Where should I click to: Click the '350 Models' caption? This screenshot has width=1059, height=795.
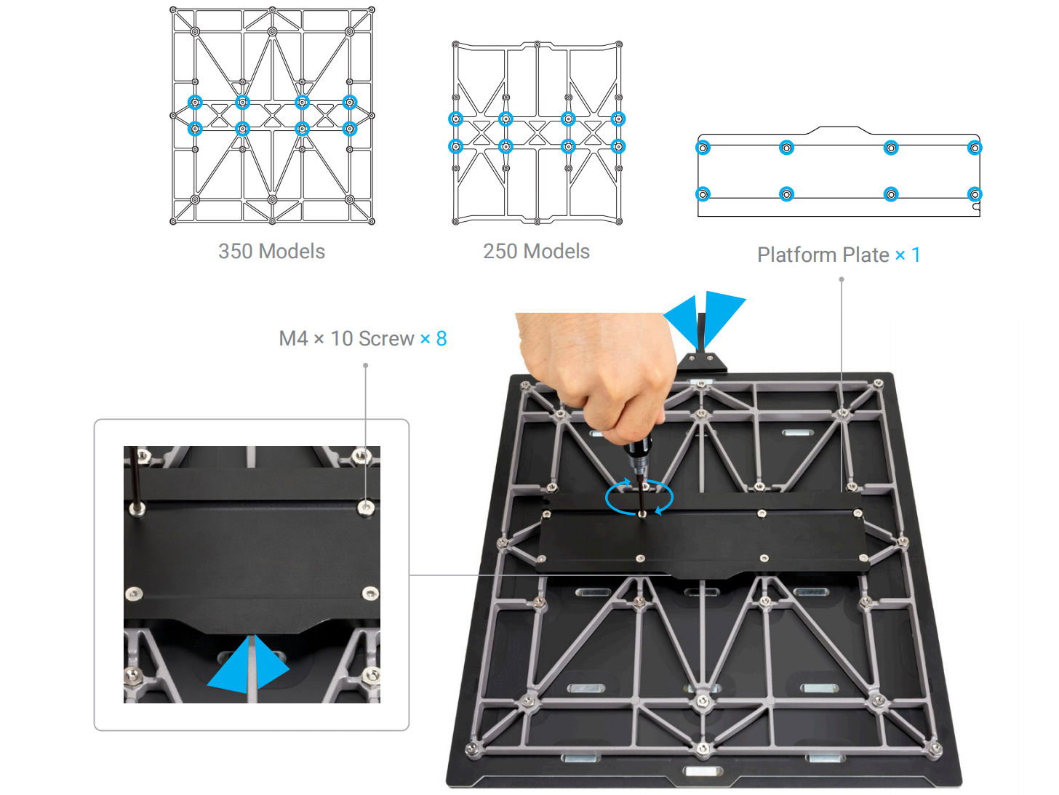coord(271,252)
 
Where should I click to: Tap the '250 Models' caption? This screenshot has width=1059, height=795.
coord(537,252)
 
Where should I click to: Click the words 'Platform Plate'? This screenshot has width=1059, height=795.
coord(823,255)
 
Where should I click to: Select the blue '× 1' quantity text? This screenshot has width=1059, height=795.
coord(908,255)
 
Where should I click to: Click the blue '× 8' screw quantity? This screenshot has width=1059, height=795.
coord(433,339)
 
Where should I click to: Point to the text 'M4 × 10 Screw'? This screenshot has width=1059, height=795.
coord(346,339)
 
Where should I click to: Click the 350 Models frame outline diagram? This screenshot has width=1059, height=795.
coord(272,116)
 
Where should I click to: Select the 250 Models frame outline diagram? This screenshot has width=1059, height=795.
coord(537,133)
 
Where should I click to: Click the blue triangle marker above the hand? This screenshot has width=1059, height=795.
coord(705,319)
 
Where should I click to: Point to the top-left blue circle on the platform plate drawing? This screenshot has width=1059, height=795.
coord(703,148)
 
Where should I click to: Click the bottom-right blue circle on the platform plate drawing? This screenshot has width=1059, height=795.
coord(975,194)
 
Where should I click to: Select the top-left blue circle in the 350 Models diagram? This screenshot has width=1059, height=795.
coord(195,103)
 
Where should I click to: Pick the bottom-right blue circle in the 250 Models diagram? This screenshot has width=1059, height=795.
coord(618,146)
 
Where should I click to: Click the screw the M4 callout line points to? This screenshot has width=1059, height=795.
coord(365,507)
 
